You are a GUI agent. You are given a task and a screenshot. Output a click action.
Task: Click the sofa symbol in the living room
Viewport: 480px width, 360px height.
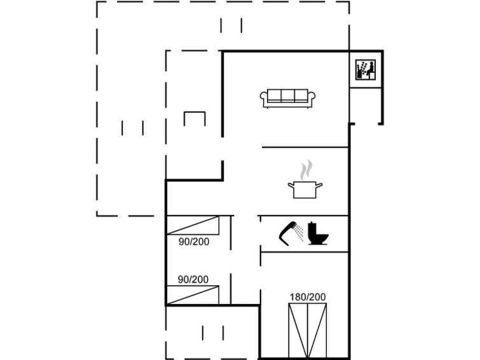pyautogui.click(x=288, y=99)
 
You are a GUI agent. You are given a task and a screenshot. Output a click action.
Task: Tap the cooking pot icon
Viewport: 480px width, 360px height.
pyautogui.click(x=305, y=190)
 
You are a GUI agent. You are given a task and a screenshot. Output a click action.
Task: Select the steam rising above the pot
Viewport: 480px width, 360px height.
pyautogui.click(x=306, y=170)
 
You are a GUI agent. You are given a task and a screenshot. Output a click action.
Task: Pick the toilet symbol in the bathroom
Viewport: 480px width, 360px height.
pyautogui.click(x=318, y=233)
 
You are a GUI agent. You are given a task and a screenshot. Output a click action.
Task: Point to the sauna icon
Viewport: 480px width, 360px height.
pyautogui.click(x=365, y=70)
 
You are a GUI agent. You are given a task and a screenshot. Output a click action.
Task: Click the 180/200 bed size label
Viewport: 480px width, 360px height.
pyautogui.click(x=308, y=297)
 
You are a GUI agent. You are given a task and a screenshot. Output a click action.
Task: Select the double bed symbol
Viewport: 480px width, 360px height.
pyautogui.click(x=308, y=331)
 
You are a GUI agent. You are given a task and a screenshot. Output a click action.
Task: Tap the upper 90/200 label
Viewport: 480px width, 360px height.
pyautogui.click(x=194, y=242)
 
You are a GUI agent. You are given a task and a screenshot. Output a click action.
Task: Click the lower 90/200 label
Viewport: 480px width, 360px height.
pyautogui.click(x=193, y=279)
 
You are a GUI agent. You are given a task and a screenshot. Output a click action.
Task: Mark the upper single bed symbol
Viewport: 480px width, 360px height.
pyautogui.click(x=193, y=225)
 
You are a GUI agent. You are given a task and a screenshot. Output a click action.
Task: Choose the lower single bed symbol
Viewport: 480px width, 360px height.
pyautogui.click(x=193, y=295)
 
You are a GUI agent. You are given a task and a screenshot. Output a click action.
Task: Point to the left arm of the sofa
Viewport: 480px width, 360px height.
pyautogui.click(x=264, y=97)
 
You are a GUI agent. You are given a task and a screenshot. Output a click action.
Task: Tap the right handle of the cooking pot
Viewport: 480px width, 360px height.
pyautogui.click(x=319, y=185)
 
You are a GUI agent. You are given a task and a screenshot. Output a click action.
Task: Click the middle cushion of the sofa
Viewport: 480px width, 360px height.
pyautogui.click(x=288, y=95)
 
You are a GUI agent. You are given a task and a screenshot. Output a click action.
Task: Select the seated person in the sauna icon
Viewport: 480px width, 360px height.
pyautogui.click(x=371, y=70)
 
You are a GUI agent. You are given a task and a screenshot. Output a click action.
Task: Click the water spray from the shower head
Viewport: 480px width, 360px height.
pyautogui.click(x=298, y=233)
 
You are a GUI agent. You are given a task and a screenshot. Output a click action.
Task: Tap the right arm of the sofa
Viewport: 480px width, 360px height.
pyautogui.click(x=312, y=97)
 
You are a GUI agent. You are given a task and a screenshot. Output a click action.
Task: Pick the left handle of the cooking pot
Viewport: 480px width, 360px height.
pyautogui.click(x=291, y=185)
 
